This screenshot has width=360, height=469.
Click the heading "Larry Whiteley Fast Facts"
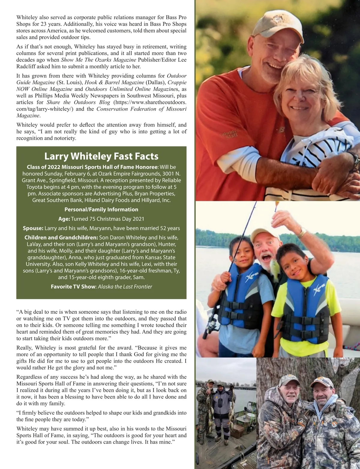[101, 156]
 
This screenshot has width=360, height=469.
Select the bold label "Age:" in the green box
[64, 219]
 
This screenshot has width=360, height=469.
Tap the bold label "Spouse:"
[33, 228]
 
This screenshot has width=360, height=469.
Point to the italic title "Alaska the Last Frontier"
[125, 286]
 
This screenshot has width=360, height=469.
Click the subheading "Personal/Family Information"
[101, 209]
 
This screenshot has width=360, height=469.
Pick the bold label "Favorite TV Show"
[73, 286]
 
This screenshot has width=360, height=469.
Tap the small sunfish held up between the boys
[274, 267]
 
